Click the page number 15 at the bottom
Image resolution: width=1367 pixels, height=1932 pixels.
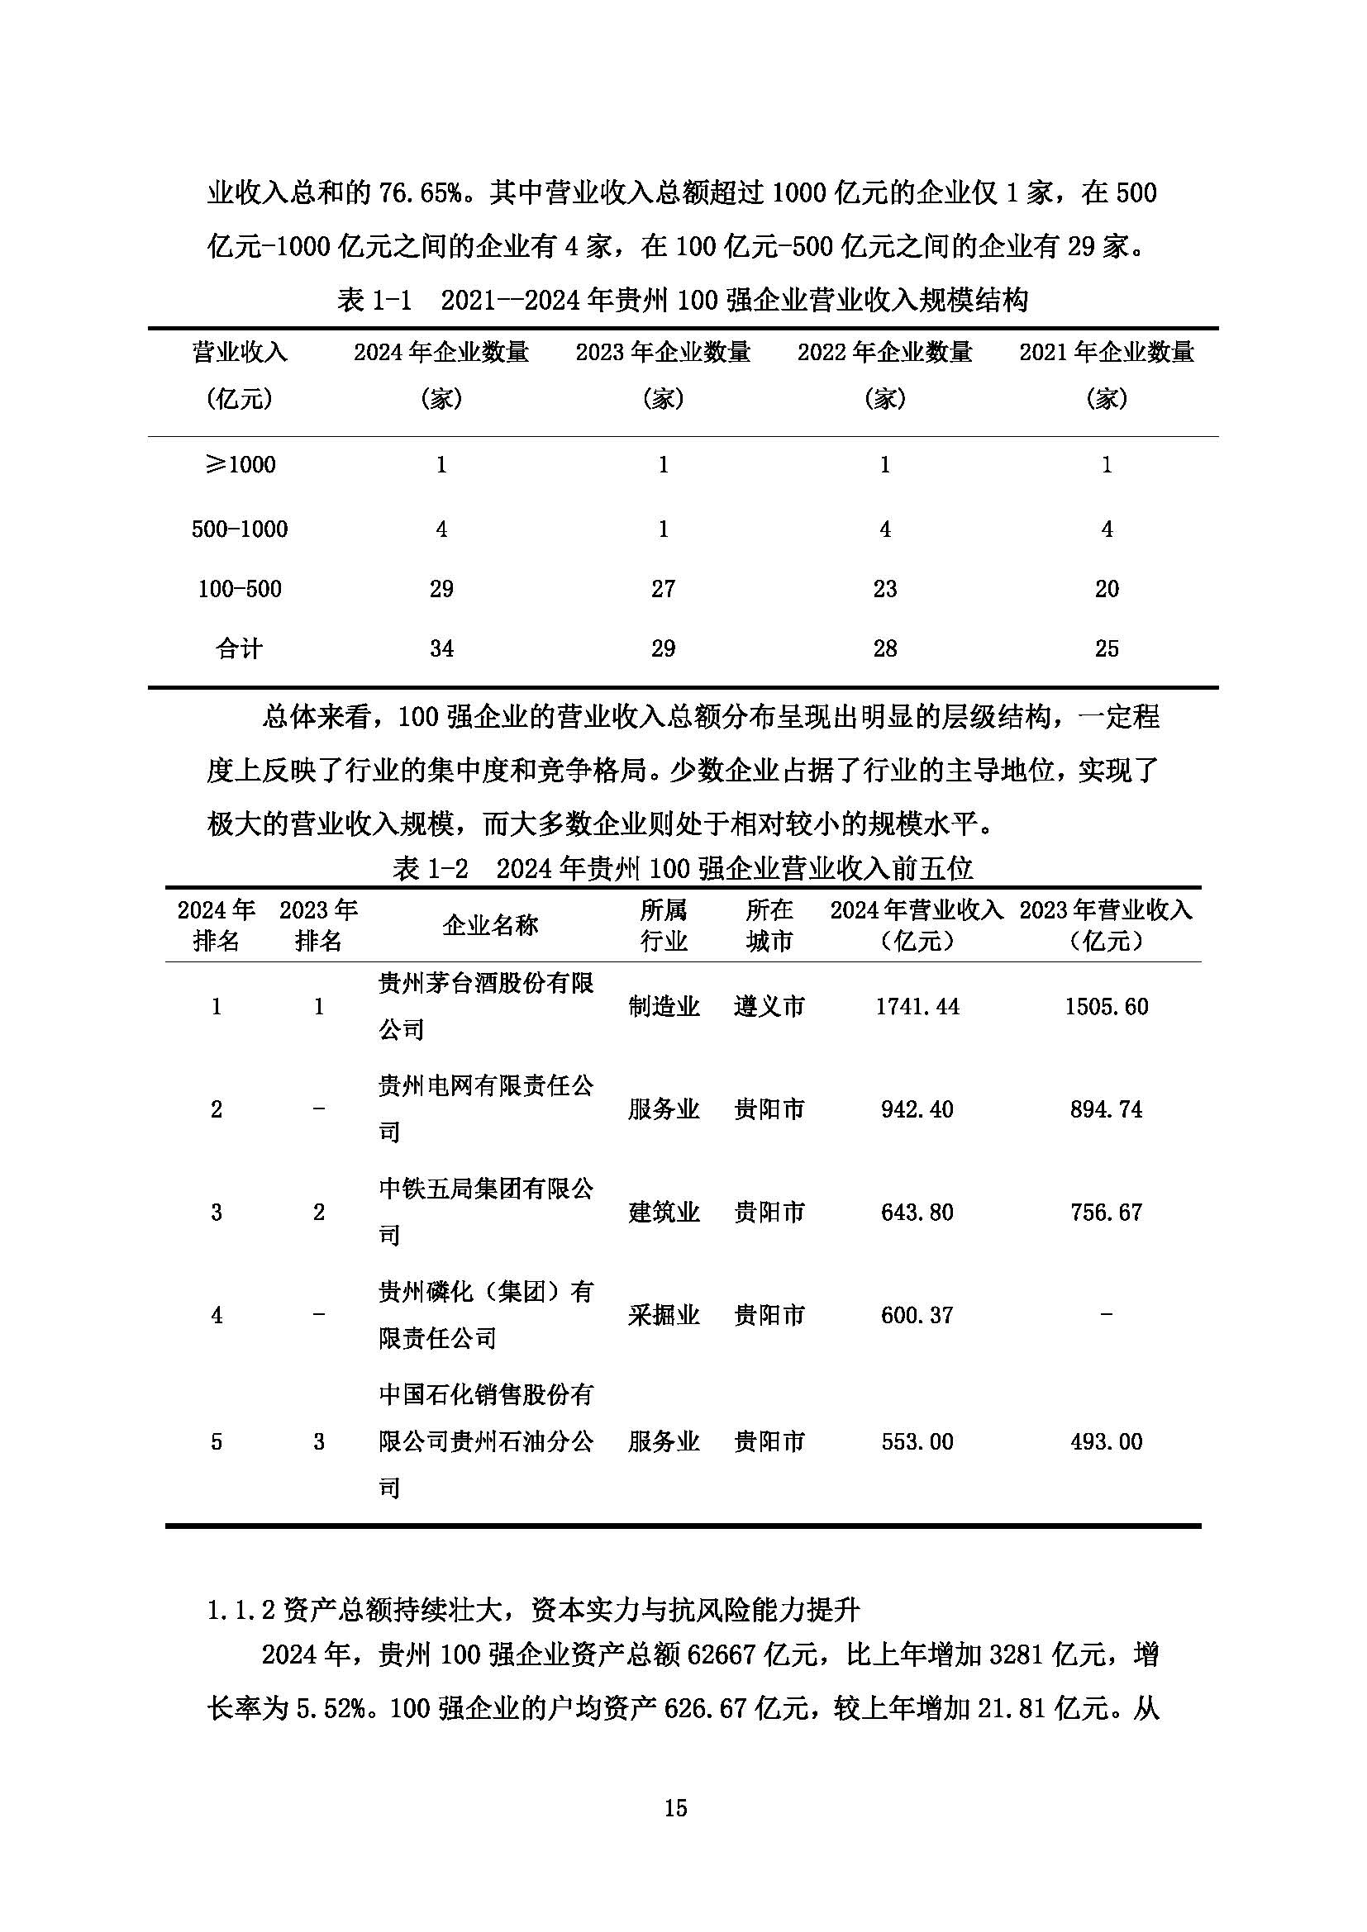tap(675, 1807)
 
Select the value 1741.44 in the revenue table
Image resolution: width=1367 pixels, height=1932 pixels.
tap(917, 1006)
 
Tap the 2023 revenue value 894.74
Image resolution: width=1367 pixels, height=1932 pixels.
tap(1106, 1109)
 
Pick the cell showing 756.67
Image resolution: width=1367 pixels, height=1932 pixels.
tap(1106, 1212)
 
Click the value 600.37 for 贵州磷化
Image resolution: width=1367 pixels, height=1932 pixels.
tap(917, 1314)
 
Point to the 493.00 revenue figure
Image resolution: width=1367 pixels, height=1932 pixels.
tap(1106, 1441)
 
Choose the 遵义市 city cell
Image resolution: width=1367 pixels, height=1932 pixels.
tap(769, 1006)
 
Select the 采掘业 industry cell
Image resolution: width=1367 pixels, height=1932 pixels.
tap(664, 1314)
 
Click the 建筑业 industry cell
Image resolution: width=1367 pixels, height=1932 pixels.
tap(664, 1212)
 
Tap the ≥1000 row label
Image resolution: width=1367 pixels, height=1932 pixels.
tap(240, 464)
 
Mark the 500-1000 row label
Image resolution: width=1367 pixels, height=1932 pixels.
tap(240, 529)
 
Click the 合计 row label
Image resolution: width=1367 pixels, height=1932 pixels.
tap(240, 648)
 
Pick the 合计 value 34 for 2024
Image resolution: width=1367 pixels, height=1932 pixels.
tap(441, 648)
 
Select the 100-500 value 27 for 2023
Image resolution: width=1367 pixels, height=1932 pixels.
tap(664, 588)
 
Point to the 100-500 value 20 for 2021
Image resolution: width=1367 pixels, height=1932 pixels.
tap(1106, 588)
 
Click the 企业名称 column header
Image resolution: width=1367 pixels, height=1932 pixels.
tap(490, 926)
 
